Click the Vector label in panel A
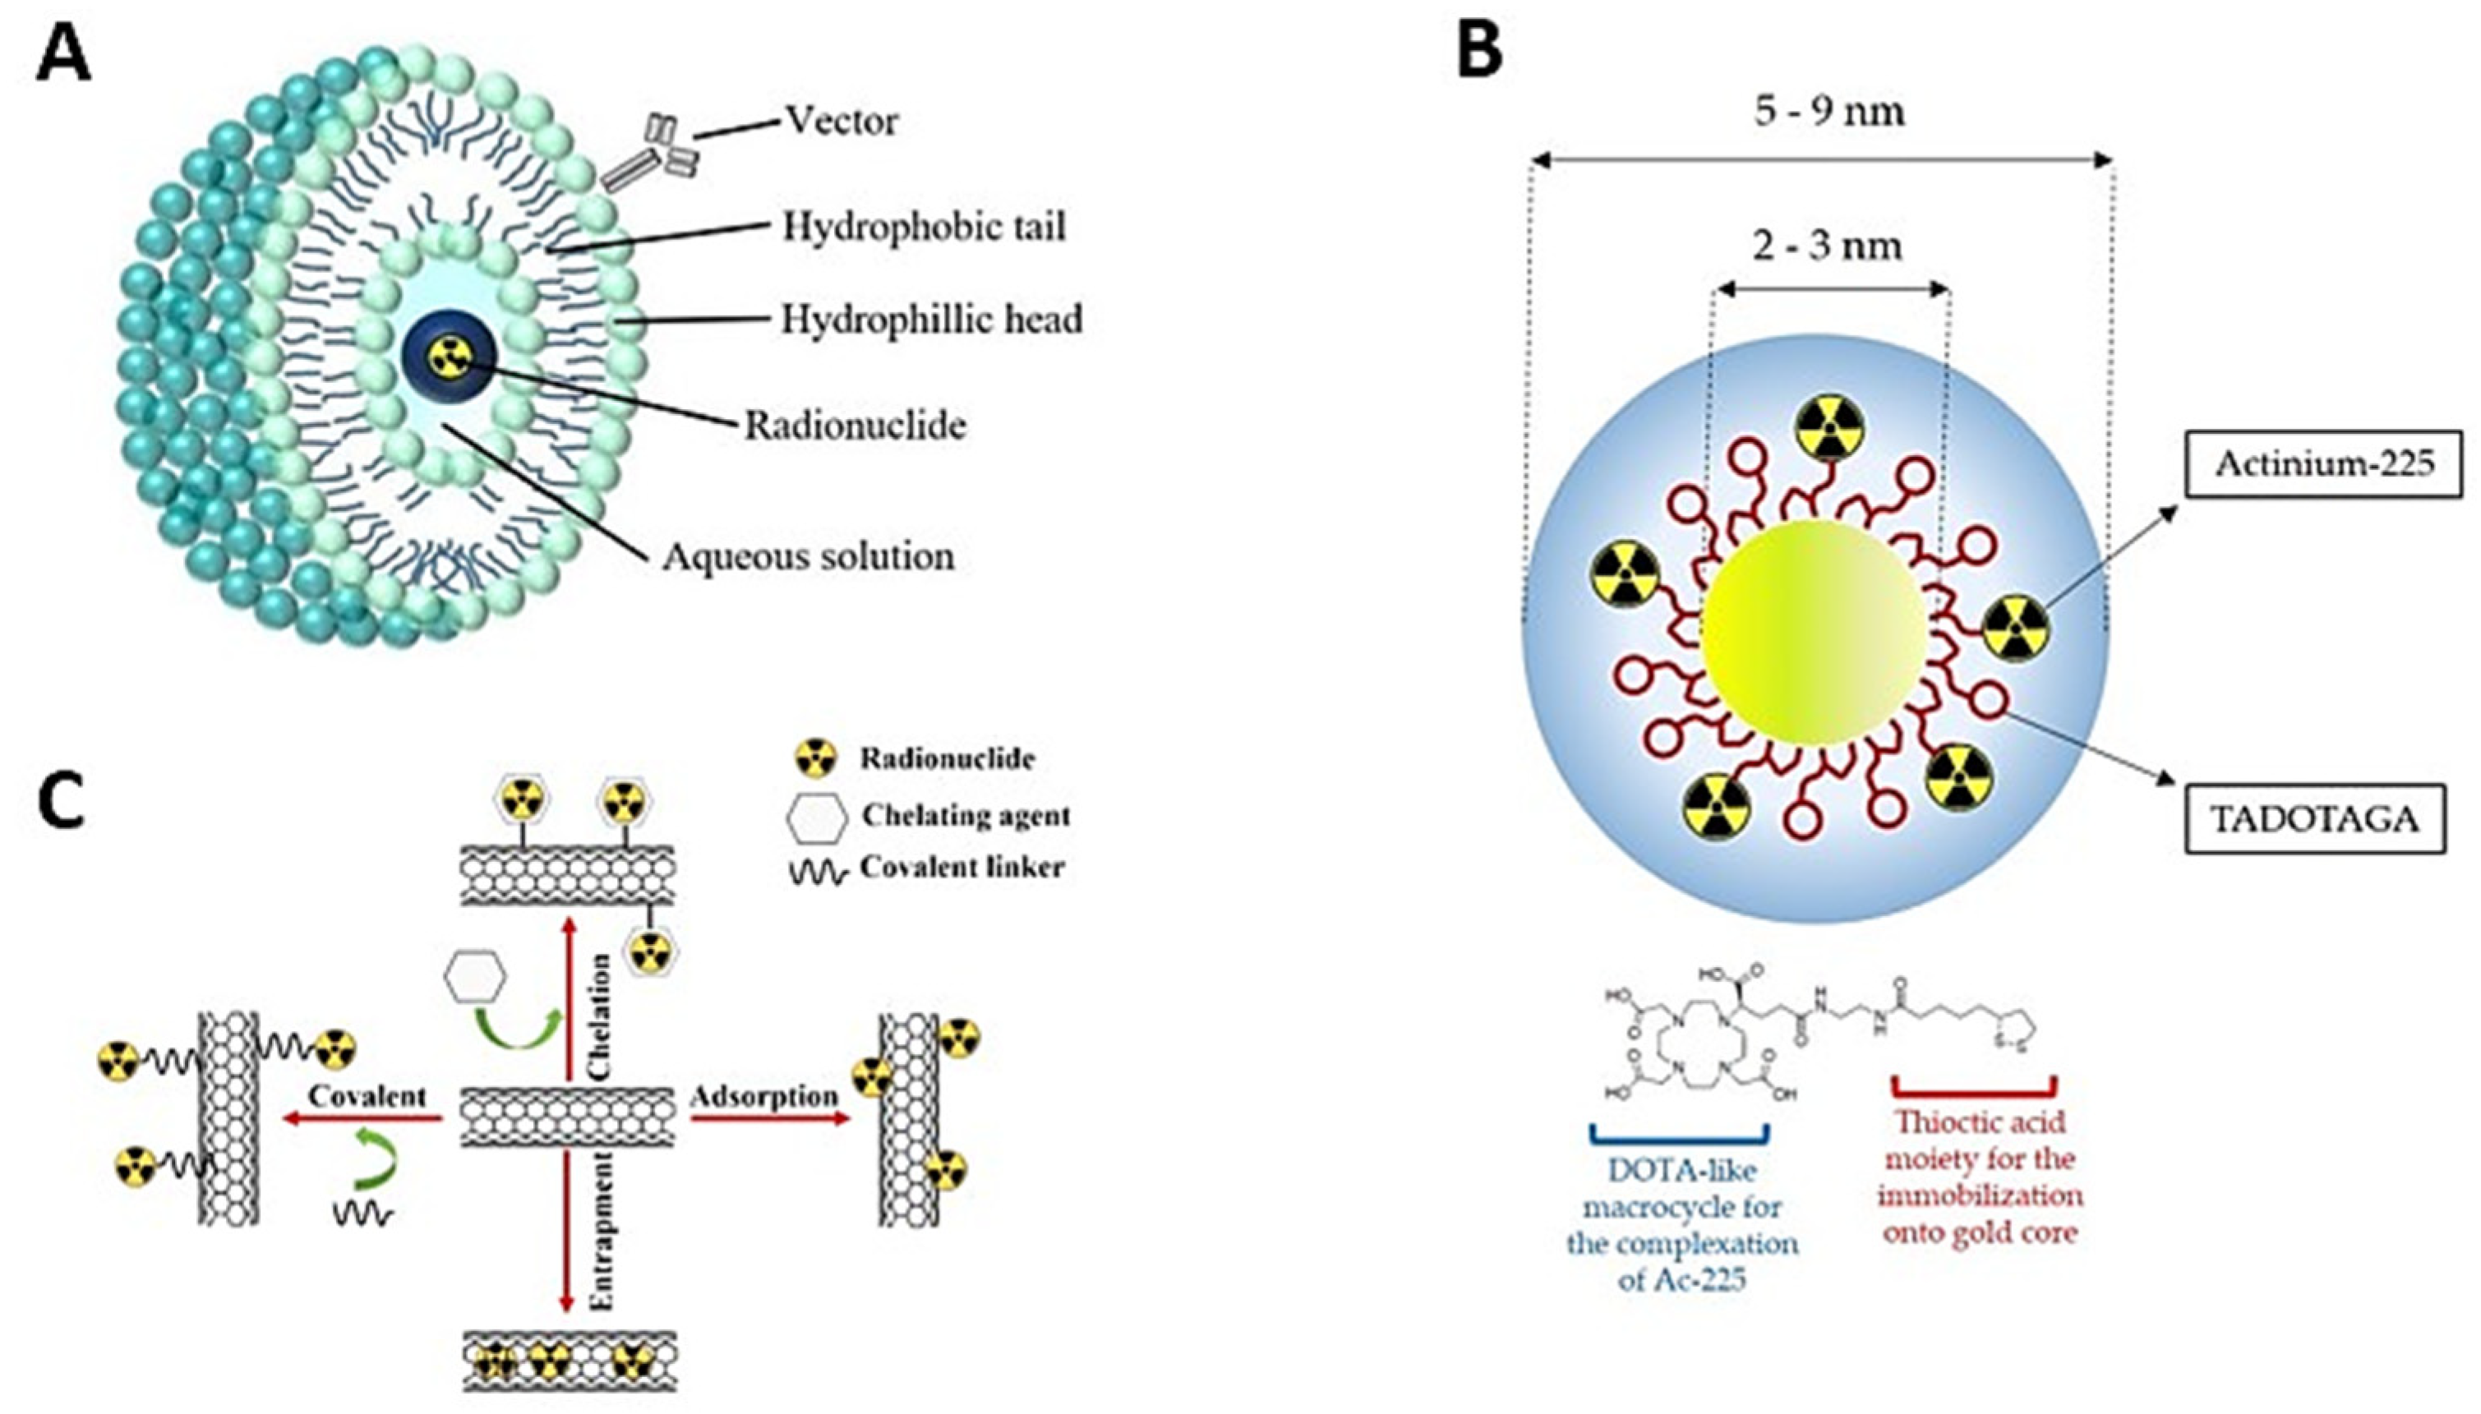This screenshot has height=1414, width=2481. (x=841, y=122)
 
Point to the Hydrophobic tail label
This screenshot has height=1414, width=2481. (x=924, y=226)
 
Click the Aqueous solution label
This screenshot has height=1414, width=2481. (x=808, y=556)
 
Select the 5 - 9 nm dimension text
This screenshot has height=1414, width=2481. (x=1828, y=111)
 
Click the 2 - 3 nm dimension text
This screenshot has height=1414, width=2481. (x=1827, y=245)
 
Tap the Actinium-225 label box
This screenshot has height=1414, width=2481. (x=2322, y=463)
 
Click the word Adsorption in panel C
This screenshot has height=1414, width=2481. (x=764, y=1096)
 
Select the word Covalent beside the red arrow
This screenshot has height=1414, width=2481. (x=367, y=1095)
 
